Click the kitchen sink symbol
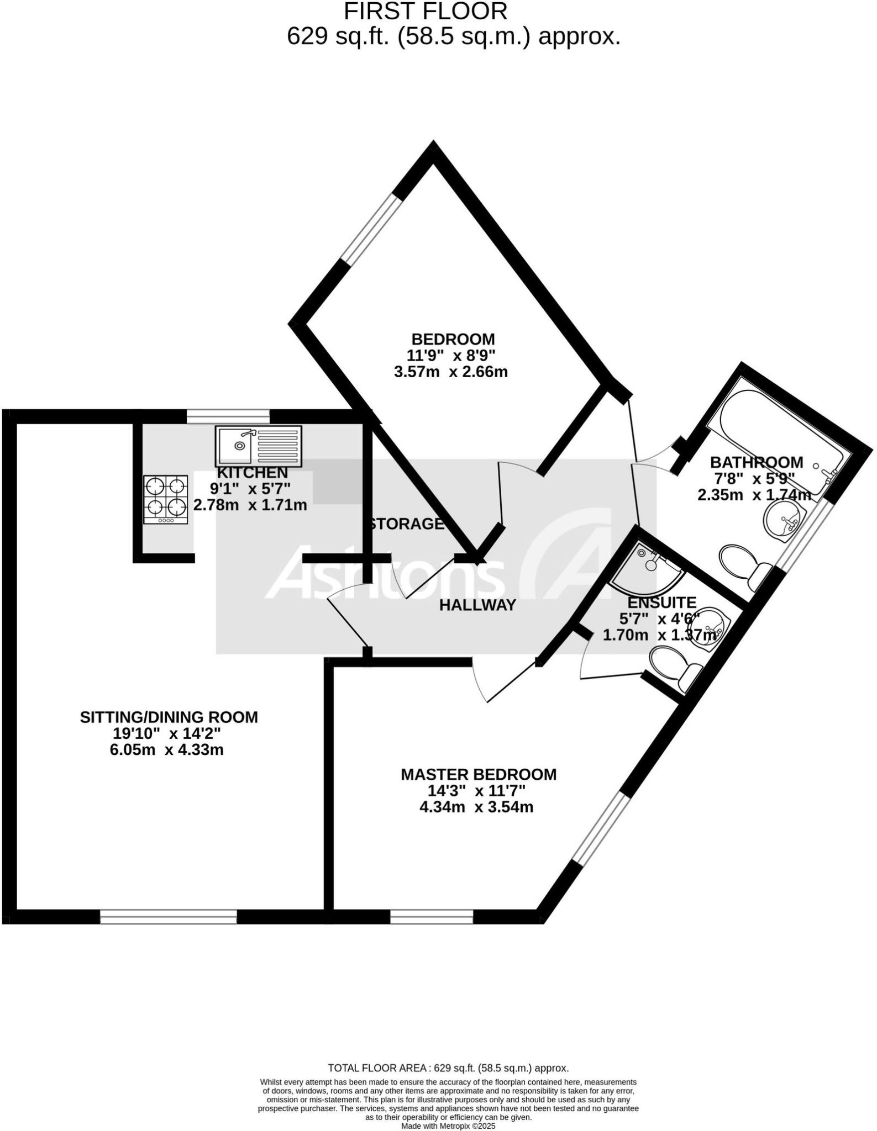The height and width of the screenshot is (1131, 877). [x=259, y=446]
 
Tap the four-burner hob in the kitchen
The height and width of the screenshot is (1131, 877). [x=166, y=499]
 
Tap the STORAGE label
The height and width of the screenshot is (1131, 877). [x=407, y=524]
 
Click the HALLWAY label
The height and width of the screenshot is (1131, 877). [x=477, y=605]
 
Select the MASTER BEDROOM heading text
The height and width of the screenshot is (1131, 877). [x=479, y=774]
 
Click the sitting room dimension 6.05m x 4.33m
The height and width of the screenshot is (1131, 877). [x=166, y=750]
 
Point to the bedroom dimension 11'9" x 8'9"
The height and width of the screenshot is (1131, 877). [x=453, y=355]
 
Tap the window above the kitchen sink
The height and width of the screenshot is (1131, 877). [x=228, y=415]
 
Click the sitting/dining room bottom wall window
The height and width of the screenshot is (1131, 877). [x=168, y=917]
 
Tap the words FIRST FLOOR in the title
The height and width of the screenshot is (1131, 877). [x=425, y=12]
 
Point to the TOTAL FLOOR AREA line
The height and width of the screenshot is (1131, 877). [x=448, y=1068]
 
